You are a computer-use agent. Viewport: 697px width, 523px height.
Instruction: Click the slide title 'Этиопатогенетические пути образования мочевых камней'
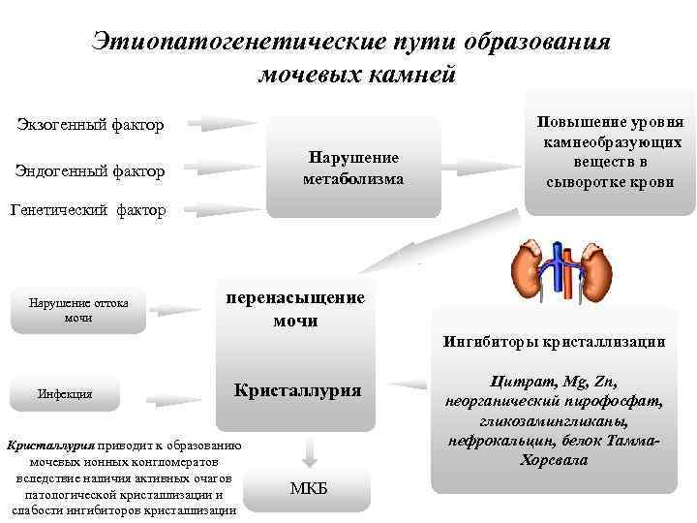(350, 57)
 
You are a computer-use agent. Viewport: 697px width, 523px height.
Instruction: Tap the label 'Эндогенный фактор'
(89, 171)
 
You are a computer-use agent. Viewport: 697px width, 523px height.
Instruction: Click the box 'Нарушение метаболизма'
(353, 168)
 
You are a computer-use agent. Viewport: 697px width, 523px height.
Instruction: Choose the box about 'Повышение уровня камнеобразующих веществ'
(611, 153)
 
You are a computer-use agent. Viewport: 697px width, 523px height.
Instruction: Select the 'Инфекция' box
(66, 394)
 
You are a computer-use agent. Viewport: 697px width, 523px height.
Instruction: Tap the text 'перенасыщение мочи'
(294, 309)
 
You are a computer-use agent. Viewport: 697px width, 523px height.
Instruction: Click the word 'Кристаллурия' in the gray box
(298, 390)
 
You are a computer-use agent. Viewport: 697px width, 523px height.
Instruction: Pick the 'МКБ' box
(309, 487)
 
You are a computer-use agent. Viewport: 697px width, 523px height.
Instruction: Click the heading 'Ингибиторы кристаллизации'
(554, 341)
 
